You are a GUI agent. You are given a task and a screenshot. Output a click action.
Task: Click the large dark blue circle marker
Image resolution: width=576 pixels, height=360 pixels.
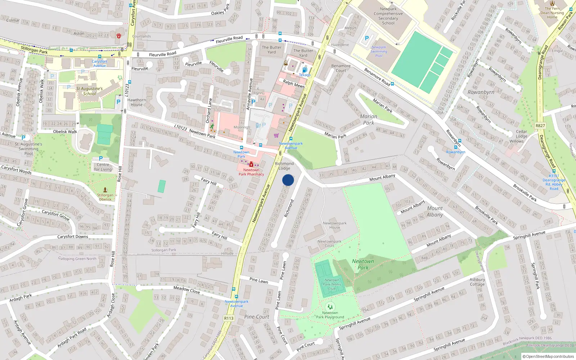[x=288, y=180]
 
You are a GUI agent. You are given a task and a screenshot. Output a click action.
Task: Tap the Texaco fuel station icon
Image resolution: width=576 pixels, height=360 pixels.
[x=304, y=70]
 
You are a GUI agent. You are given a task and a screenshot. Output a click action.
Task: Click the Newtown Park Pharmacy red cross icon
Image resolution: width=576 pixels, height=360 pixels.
[x=251, y=165]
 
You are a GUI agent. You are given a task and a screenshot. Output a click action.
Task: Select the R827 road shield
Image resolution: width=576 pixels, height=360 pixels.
[x=540, y=126]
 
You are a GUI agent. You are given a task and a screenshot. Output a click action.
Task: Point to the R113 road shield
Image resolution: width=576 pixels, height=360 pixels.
[x=229, y=318]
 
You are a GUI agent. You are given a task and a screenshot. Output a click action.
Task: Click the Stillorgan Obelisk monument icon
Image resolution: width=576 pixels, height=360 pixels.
[x=105, y=190]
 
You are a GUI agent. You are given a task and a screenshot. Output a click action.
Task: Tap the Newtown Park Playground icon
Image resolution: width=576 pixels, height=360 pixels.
[x=330, y=307]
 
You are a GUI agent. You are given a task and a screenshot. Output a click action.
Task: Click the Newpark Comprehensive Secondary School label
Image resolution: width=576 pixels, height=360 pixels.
[x=388, y=16]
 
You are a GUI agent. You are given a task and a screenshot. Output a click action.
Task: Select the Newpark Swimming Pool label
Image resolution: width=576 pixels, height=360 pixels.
[x=379, y=51]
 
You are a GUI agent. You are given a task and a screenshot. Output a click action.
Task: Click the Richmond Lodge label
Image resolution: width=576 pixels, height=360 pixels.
[x=284, y=166]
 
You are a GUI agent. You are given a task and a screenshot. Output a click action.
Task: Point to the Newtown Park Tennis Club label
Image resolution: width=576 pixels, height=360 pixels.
[x=332, y=284]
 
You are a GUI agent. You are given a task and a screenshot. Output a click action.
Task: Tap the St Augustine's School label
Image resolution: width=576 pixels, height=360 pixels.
[x=89, y=91]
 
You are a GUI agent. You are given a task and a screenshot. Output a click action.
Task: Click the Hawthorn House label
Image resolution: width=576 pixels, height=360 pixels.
[x=136, y=102]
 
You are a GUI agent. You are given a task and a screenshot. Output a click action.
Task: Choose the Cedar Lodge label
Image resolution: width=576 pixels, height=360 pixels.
[x=521, y=134]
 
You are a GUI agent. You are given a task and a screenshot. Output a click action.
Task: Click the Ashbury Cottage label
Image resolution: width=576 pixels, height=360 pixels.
[x=477, y=282]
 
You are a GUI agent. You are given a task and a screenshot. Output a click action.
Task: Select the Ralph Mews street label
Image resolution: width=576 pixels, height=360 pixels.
[x=294, y=84]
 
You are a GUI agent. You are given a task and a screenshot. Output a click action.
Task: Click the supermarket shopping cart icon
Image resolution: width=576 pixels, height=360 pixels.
[x=276, y=136]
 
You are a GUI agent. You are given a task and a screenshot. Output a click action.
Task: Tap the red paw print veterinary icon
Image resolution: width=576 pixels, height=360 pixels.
[x=118, y=35]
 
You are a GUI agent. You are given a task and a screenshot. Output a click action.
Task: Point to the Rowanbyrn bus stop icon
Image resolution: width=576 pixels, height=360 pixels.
[x=455, y=147]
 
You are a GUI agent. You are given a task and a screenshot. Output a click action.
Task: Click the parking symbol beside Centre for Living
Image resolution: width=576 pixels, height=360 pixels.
[x=101, y=158]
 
